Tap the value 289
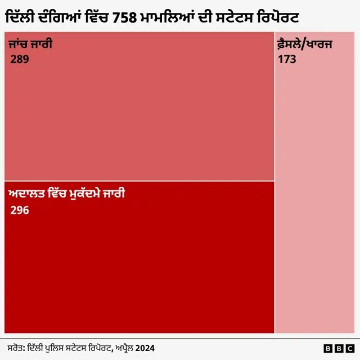tap(21, 58)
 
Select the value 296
tap(20, 210)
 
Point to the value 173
tap(287, 58)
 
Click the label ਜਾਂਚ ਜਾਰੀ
tap(30, 44)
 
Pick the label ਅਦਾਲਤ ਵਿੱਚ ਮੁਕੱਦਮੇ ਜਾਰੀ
tap(66, 195)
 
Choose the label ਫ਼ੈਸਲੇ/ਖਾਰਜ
tap(304, 44)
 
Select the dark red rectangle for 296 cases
tap(139, 264)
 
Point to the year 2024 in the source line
tap(144, 348)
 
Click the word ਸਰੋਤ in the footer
tap(16, 348)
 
